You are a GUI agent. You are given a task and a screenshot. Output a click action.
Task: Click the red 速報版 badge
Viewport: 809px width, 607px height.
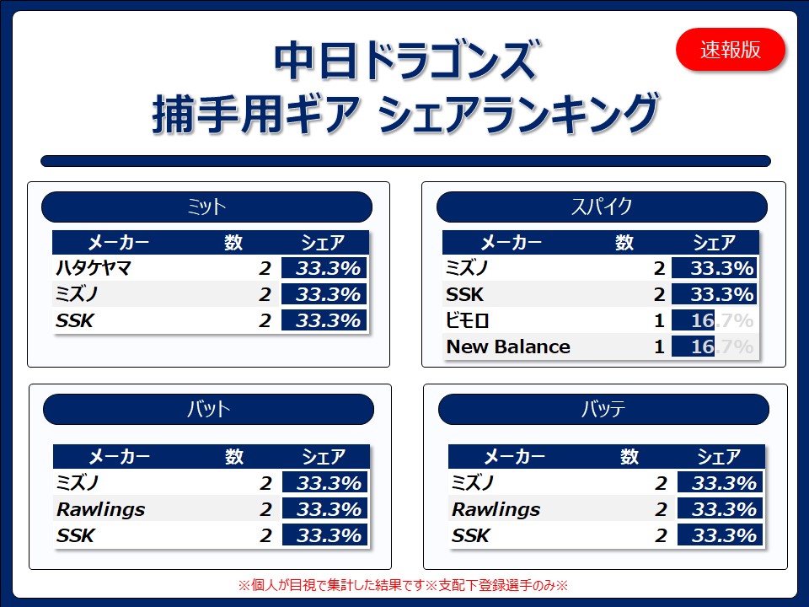730,50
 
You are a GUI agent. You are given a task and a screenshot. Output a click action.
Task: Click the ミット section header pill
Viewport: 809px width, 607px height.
206,207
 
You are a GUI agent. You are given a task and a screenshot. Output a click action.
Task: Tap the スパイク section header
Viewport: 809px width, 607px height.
602,207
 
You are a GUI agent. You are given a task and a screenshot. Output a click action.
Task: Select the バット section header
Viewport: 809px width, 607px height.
208,410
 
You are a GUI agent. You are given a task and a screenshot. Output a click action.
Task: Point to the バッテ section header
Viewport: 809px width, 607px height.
603,410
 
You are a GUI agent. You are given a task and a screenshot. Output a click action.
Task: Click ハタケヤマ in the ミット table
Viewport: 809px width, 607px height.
94,268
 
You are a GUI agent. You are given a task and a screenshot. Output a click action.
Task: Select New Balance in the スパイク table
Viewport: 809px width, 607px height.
508,346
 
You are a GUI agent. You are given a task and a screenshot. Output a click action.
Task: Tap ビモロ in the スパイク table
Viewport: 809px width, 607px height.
468,320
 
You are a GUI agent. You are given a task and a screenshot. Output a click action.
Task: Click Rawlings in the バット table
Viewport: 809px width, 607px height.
101,509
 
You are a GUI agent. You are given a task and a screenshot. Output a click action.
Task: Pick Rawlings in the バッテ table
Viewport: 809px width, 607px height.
496,509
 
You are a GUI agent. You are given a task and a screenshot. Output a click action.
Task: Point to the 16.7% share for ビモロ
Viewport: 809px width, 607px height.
722,320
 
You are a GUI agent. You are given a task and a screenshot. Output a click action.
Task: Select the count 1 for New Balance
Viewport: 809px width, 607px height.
659,346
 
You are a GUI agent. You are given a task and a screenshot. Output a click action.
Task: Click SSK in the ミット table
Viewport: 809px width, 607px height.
75,320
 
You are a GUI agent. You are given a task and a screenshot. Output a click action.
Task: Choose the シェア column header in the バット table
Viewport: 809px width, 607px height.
324,456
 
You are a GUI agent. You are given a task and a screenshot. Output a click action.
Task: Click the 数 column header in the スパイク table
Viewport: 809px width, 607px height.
624,242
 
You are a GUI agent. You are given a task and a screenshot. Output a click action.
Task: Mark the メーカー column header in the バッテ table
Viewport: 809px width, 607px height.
514,456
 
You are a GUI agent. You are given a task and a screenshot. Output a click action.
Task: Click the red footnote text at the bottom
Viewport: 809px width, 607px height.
403,585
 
